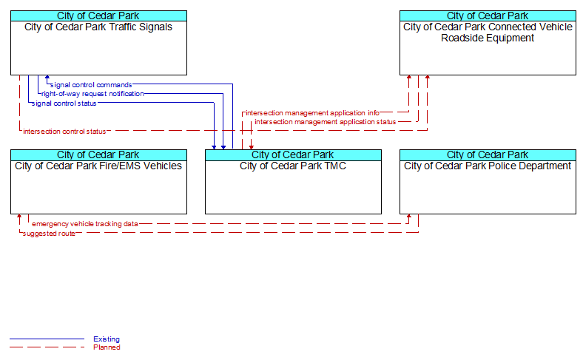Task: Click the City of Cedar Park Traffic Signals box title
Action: (98, 27)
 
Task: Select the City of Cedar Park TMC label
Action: (293, 166)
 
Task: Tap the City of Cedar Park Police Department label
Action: (488, 166)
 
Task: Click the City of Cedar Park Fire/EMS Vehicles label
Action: (98, 166)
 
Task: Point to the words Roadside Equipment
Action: (488, 38)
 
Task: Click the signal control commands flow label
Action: (91, 85)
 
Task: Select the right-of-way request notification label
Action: (92, 94)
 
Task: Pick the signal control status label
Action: (64, 103)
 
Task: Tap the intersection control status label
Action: (64, 131)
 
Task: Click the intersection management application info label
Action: (313, 112)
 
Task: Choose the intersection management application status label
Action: (326, 122)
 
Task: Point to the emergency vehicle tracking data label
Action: (85, 224)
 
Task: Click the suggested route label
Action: (49, 234)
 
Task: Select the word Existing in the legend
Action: (107, 339)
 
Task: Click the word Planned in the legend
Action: (107, 347)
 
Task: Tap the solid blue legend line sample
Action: (47, 339)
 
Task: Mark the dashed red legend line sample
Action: (47, 347)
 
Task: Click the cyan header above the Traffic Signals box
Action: (98, 16)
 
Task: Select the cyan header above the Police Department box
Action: (488, 154)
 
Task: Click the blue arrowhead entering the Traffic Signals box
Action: (47, 78)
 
